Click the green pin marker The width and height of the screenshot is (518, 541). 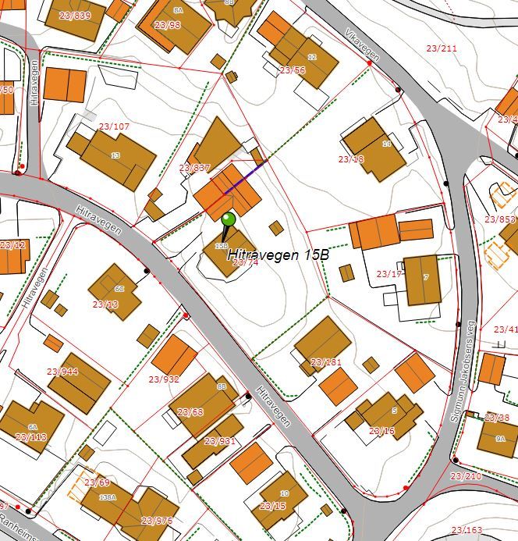click(x=227, y=222)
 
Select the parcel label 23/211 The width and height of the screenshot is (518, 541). click(x=442, y=48)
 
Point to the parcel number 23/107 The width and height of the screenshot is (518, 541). click(x=114, y=126)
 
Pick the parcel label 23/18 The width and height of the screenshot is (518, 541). click(x=351, y=159)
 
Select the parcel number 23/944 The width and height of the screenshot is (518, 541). click(x=62, y=372)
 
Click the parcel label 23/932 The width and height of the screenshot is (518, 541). click(x=164, y=379)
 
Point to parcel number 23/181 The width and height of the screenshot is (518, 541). click(x=326, y=362)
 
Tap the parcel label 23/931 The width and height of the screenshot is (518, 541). click(x=220, y=441)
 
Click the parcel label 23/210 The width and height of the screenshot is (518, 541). click(x=466, y=475)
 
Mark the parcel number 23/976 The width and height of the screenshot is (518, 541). click(x=157, y=520)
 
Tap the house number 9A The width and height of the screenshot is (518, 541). click(x=500, y=439)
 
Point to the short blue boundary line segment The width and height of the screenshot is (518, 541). click(x=245, y=176)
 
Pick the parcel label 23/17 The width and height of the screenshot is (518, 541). click(x=388, y=274)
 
